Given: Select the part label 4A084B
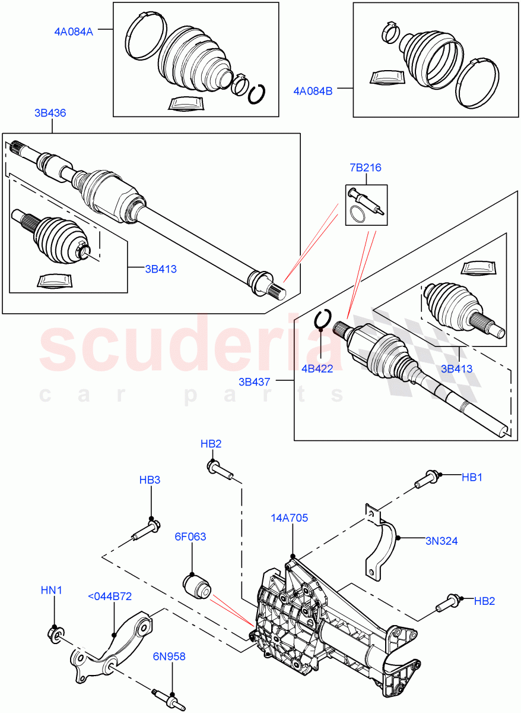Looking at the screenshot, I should click(313, 91).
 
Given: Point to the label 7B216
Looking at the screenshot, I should click(366, 168).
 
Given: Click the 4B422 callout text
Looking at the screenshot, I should click(317, 368).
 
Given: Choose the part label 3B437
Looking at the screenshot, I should click(255, 382).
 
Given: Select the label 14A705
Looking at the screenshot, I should click(290, 518).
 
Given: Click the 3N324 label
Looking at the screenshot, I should click(441, 541).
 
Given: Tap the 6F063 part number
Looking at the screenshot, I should click(190, 537).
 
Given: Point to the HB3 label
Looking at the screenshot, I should click(150, 479).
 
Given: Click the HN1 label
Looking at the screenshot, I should click(51, 590).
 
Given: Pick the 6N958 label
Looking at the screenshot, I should click(169, 657).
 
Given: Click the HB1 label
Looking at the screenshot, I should click(472, 476).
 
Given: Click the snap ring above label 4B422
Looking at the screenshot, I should click(322, 319).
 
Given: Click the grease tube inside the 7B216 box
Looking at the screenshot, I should click(366, 198).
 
